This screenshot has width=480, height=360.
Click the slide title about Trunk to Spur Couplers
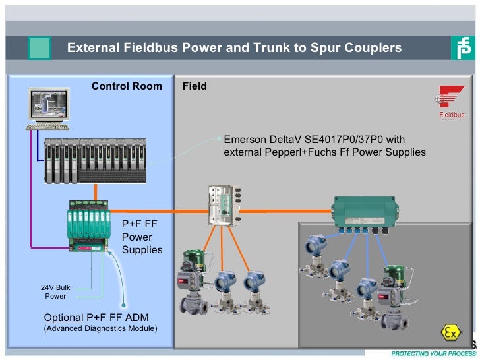[x=234, y=48]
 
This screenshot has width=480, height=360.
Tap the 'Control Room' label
[x=127, y=86]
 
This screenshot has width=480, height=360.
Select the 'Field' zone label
[x=195, y=86]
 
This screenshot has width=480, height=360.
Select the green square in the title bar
[x=39, y=48]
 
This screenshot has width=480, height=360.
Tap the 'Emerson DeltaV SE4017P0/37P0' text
[x=315, y=140]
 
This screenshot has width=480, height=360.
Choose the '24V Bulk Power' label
[x=55, y=291]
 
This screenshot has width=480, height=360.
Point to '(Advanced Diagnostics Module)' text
[x=100, y=328]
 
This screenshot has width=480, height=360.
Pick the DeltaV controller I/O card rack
[x=96, y=161]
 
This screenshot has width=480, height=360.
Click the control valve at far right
[x=394, y=289]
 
